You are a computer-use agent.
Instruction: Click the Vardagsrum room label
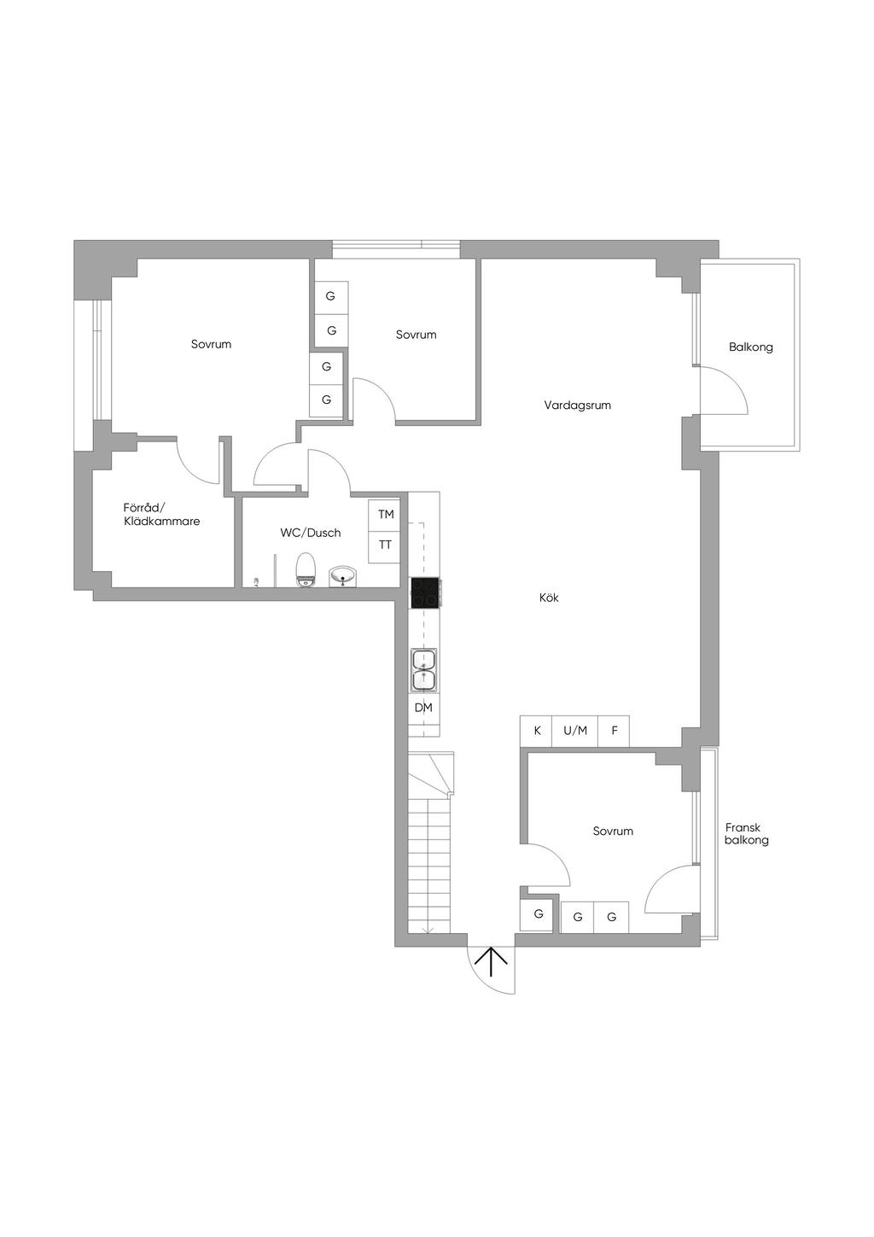point(577,406)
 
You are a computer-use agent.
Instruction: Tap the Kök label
point(549,598)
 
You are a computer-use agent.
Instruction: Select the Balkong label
point(750,347)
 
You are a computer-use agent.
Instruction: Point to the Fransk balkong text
point(746,834)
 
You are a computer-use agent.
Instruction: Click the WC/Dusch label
point(311,533)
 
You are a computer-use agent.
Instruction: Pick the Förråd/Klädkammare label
point(161,514)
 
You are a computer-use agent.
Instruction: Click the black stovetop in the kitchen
point(425,593)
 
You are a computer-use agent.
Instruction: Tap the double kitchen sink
point(423,670)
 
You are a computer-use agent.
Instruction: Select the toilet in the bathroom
point(305,569)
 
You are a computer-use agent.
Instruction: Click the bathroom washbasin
point(343,576)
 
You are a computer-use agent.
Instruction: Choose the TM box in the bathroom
point(385,515)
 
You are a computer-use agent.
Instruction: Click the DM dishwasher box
point(423,708)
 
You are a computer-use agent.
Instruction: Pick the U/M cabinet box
point(574,731)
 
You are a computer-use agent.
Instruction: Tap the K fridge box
point(537,731)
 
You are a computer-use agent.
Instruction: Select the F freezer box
point(614,731)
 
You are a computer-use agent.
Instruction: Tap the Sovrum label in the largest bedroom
point(211,344)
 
